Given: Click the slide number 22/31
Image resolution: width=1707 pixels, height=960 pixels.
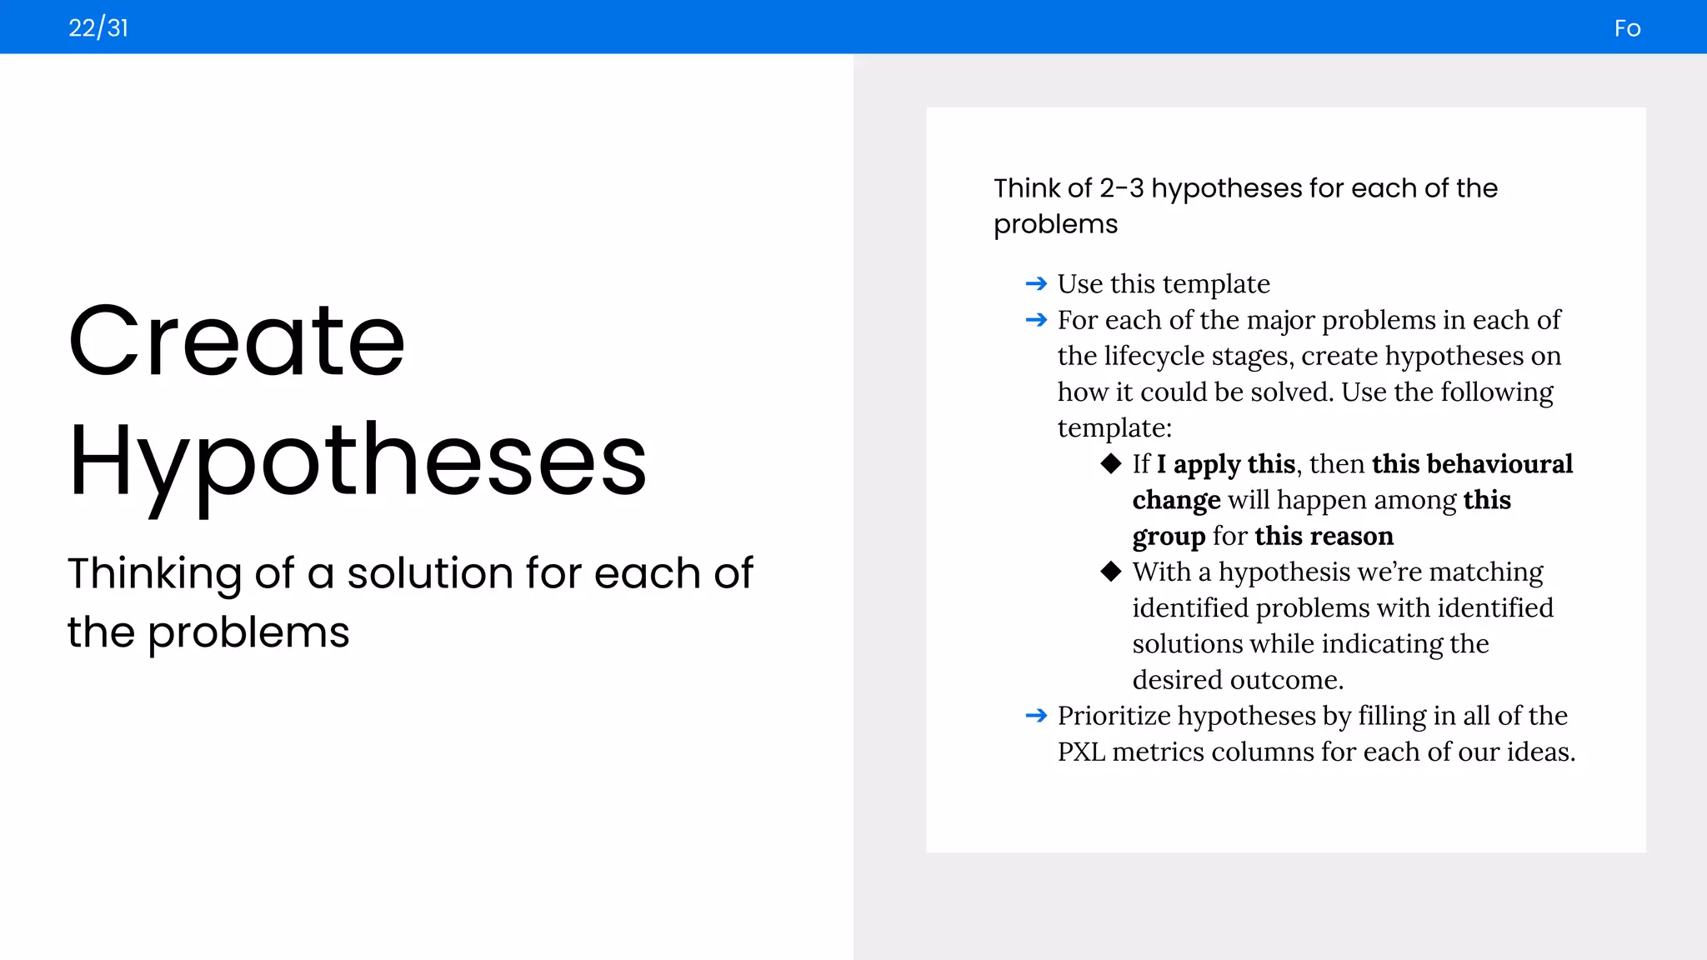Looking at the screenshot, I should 98,28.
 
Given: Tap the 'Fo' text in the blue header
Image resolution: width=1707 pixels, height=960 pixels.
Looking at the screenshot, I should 1627,29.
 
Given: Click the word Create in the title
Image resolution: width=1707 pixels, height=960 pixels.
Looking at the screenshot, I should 237,341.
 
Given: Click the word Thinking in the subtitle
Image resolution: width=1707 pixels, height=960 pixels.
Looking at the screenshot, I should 154,574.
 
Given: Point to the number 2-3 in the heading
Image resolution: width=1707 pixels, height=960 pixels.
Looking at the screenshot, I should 1121,188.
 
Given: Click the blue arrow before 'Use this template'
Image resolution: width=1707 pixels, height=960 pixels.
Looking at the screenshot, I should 1036,284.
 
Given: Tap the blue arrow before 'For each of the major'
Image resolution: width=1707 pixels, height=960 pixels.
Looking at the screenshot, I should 1036,320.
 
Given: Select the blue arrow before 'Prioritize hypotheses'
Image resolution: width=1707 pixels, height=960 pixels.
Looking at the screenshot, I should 1036,716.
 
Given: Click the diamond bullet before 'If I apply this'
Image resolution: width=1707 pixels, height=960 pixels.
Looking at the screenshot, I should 1110,463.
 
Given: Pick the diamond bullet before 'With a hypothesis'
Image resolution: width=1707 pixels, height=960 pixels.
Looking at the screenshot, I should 1110,572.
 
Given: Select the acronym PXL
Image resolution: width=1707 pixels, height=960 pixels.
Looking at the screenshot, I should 1081,752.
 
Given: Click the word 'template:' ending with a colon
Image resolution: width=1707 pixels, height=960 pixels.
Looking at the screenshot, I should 1114,428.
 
